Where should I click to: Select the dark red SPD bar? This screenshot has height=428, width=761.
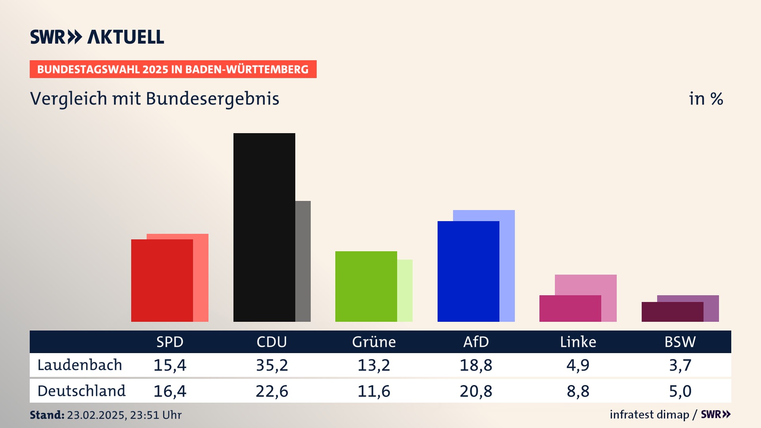click(x=162, y=280)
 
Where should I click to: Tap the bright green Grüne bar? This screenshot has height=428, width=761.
click(x=366, y=286)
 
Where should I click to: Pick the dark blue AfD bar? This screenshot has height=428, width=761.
click(x=468, y=271)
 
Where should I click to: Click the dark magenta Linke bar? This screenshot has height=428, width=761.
click(x=570, y=308)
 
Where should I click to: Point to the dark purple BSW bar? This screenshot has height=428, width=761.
click(x=672, y=312)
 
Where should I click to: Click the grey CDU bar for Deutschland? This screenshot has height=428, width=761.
click(x=303, y=261)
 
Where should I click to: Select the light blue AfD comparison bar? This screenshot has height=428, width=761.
click(x=507, y=266)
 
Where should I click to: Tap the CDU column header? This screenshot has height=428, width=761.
click(x=272, y=342)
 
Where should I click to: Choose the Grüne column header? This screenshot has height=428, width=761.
click(x=374, y=342)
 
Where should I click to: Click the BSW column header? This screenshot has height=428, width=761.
click(x=680, y=342)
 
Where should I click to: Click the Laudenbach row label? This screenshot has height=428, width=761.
click(x=80, y=365)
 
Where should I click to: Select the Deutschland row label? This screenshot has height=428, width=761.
click(x=81, y=391)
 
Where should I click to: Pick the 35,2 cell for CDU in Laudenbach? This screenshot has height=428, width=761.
click(x=272, y=365)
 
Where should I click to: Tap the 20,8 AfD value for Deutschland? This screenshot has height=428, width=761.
click(x=476, y=391)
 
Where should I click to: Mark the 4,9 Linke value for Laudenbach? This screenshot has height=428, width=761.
click(x=578, y=365)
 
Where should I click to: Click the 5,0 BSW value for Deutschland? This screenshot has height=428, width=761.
click(x=680, y=391)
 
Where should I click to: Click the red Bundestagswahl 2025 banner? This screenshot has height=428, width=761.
click(x=173, y=69)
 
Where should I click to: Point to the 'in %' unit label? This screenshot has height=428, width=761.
click(x=706, y=99)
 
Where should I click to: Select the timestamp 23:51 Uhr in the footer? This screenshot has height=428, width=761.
click(x=155, y=415)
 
